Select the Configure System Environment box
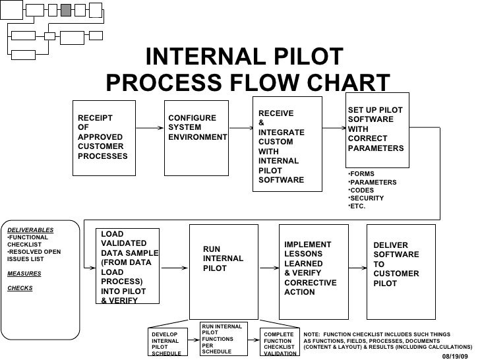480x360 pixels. pyautogui.click(x=196, y=138)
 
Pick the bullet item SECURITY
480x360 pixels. pyautogui.click(x=367, y=198)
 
